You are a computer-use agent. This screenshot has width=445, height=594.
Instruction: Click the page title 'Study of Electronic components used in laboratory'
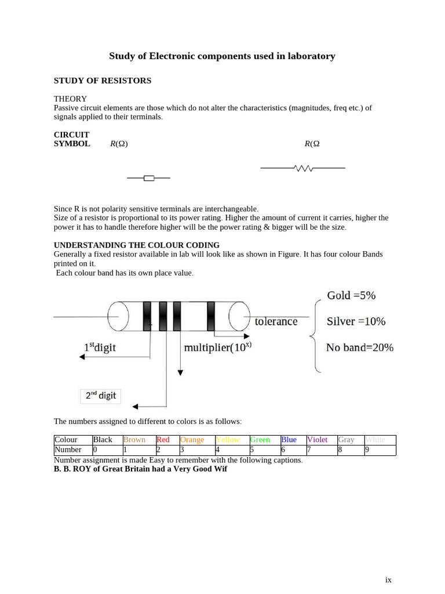click(x=222, y=56)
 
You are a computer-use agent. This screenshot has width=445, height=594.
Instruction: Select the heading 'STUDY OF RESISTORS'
click(x=103, y=81)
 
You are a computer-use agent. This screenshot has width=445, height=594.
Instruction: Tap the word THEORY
click(x=70, y=99)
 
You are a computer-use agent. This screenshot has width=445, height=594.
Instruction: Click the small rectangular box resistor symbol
click(x=149, y=178)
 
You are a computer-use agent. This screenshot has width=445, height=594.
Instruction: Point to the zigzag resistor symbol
click(x=303, y=168)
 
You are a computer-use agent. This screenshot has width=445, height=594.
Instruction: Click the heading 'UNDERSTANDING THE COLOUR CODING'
click(x=137, y=245)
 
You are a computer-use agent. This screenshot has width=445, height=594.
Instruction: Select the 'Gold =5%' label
click(x=351, y=295)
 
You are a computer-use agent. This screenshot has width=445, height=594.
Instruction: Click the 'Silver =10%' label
click(x=356, y=321)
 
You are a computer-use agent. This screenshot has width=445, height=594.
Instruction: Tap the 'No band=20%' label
click(x=359, y=347)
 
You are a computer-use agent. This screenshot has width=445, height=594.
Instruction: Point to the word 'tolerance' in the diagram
click(x=276, y=321)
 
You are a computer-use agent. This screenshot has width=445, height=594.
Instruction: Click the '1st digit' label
click(x=100, y=347)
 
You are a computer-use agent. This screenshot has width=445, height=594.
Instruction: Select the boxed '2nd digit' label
click(x=101, y=396)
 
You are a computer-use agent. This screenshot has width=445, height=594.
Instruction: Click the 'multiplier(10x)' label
click(x=217, y=347)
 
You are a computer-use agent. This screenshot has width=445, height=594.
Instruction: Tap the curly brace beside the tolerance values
click(x=315, y=335)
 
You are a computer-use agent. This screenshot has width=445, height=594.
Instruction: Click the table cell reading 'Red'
click(x=163, y=440)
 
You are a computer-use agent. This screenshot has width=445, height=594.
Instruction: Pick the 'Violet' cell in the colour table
click(x=317, y=440)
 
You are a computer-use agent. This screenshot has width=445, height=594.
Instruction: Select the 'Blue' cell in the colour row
click(x=289, y=440)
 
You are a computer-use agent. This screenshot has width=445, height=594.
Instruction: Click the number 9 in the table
click(x=367, y=450)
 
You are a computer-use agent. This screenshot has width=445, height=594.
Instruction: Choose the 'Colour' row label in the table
click(x=65, y=440)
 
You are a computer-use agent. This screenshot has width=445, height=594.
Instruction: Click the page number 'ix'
click(x=388, y=579)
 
